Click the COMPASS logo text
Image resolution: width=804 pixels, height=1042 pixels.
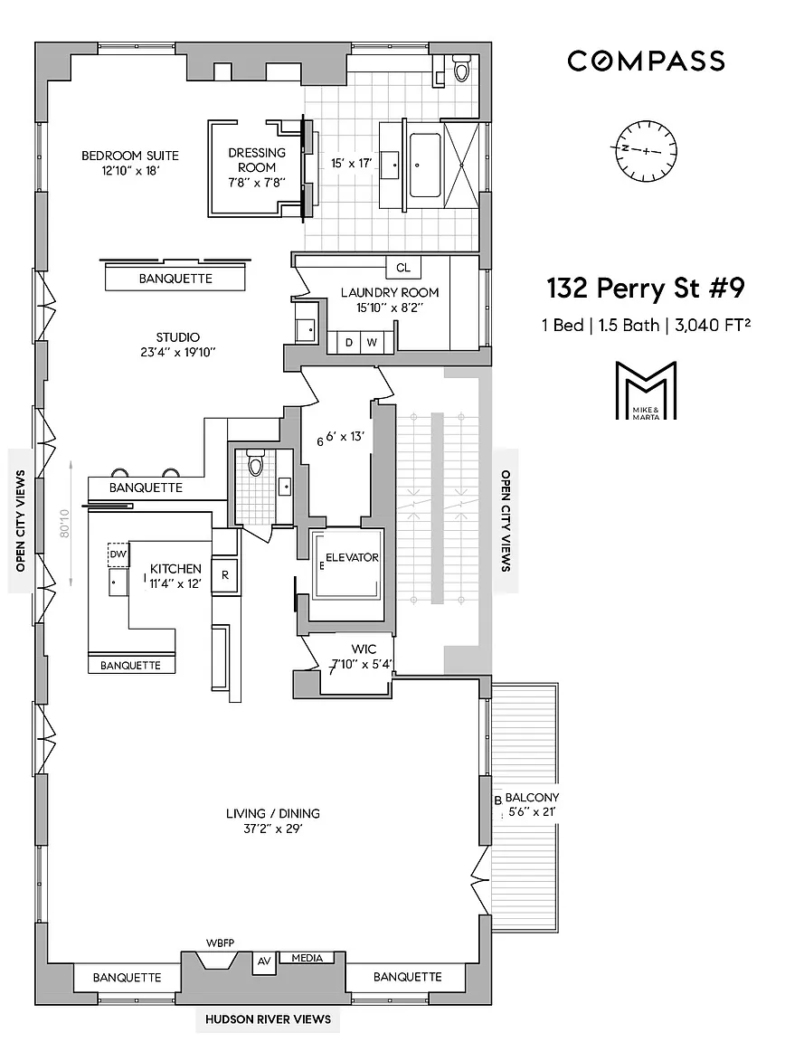pyautogui.click(x=646, y=62)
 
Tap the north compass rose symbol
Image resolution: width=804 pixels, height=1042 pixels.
pyautogui.click(x=646, y=150)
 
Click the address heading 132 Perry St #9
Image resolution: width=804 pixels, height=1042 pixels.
pyautogui.click(x=645, y=289)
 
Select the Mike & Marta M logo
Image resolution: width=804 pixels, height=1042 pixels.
pyautogui.click(x=646, y=390)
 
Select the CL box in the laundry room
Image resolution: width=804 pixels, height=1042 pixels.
pyautogui.click(x=403, y=268)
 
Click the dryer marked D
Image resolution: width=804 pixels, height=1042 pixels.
pyautogui.click(x=349, y=342)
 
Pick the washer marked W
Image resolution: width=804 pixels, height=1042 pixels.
pyautogui.click(x=372, y=342)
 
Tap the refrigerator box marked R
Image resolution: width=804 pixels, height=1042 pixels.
pyautogui.click(x=224, y=575)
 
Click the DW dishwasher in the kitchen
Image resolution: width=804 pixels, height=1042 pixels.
pyautogui.click(x=118, y=554)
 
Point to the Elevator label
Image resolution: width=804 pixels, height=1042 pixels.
pyautogui.click(x=352, y=557)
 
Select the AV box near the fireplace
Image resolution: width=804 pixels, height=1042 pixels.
pyautogui.click(x=264, y=961)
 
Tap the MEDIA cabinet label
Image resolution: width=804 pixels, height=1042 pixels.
pyautogui.click(x=307, y=958)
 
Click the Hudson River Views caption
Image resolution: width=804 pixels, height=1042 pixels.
pyautogui.click(x=268, y=1018)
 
